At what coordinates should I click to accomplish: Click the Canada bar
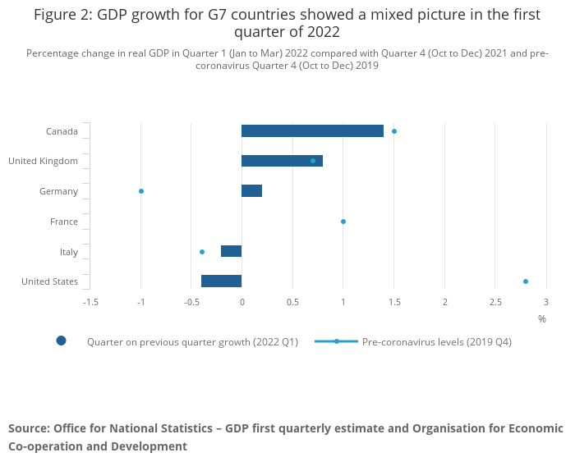(x=312, y=131)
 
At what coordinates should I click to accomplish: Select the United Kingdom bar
(x=282, y=161)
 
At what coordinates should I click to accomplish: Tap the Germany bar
(x=251, y=191)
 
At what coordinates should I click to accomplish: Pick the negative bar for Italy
(x=231, y=251)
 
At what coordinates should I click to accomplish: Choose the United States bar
(x=221, y=281)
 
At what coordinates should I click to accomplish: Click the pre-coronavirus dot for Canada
(x=394, y=131)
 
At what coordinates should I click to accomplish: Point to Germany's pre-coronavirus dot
(x=141, y=191)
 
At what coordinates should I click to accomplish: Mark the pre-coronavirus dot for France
(x=343, y=222)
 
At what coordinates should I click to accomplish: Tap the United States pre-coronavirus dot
(x=526, y=281)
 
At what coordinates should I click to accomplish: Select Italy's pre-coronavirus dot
(x=202, y=252)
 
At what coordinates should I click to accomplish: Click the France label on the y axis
(x=64, y=222)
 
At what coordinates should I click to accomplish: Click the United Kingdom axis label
(x=43, y=161)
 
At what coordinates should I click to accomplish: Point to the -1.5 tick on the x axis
(x=90, y=302)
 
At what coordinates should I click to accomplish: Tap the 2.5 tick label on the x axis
(x=495, y=302)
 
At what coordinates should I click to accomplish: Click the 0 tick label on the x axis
(x=241, y=302)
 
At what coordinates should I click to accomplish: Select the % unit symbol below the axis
(x=542, y=318)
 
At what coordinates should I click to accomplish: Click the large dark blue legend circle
(x=62, y=341)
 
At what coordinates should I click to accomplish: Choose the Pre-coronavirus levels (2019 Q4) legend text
(x=436, y=341)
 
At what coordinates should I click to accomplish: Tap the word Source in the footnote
(x=30, y=428)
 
